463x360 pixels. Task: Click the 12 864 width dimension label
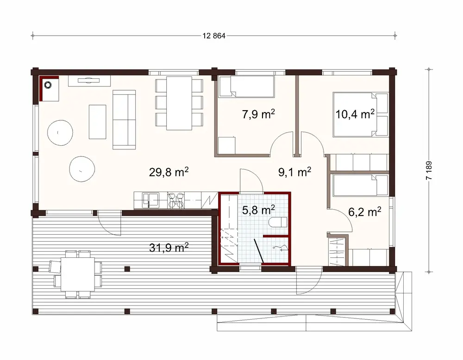click(213, 37)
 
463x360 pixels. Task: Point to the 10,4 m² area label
click(355, 114)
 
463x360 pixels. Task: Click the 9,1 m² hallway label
click(294, 173)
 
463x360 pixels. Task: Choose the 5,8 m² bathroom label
click(259, 210)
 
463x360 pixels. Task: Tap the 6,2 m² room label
click(364, 212)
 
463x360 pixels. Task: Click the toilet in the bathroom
click(278, 222)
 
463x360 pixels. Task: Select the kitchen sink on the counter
click(150, 200)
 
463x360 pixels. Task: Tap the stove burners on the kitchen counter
click(175, 200)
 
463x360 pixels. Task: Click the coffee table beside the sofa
click(98, 121)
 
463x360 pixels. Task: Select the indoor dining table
click(179, 103)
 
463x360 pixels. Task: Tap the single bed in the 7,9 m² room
click(246, 87)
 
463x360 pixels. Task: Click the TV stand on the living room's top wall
click(89, 81)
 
